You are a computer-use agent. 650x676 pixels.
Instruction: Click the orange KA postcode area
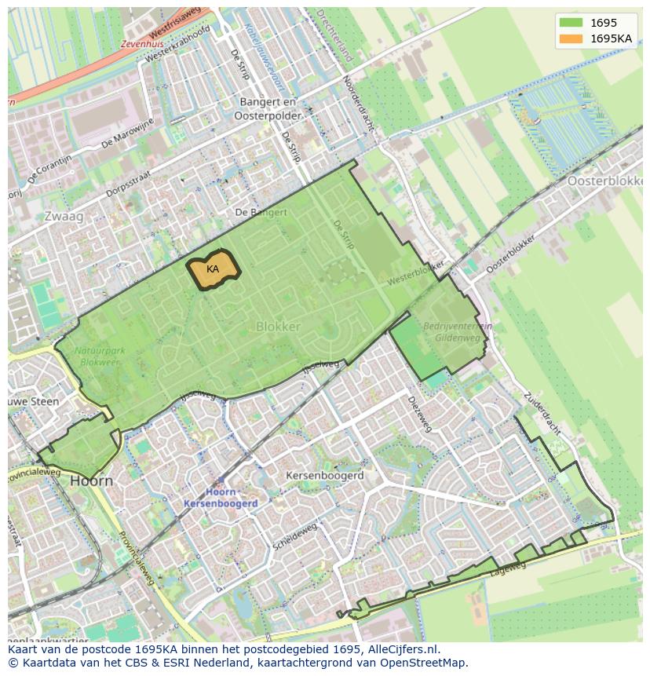[213, 269]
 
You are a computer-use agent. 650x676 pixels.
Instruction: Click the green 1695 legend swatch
[571, 23]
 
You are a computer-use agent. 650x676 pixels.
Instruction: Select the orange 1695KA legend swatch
[571, 38]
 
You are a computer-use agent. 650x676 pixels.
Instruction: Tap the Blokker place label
[278, 326]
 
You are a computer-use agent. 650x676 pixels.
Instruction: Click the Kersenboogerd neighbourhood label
[324, 476]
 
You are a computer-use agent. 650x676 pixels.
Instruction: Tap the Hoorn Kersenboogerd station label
[221, 497]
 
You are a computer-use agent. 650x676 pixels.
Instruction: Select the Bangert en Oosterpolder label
[268, 108]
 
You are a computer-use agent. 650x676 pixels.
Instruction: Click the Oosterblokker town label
[604, 181]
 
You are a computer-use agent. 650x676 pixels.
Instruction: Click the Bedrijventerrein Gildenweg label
[457, 331]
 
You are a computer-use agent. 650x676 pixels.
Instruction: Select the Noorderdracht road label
[358, 105]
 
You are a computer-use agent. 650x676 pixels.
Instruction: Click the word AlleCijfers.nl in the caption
[400, 649]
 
